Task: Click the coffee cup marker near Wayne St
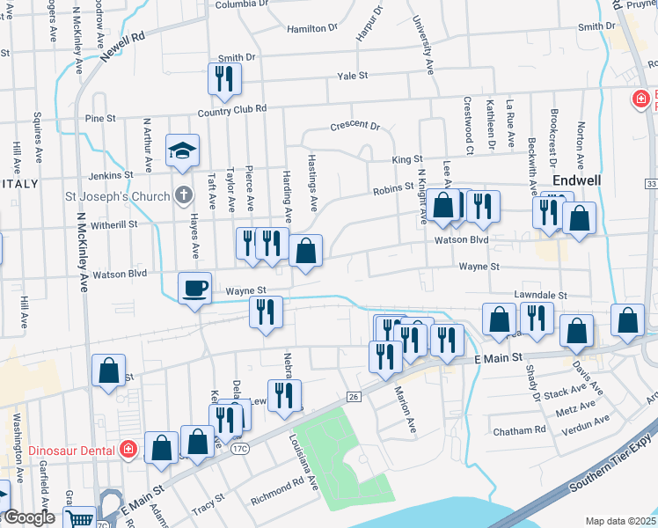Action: click(195, 288)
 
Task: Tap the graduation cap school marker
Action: click(184, 150)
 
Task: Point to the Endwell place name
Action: click(576, 180)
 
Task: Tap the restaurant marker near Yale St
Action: click(224, 78)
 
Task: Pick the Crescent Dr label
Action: click(355, 127)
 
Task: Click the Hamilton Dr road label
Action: click(312, 28)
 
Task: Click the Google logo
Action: click(28, 517)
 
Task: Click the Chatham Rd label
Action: click(520, 431)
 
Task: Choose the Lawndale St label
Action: click(541, 297)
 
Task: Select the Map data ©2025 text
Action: click(619, 521)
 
